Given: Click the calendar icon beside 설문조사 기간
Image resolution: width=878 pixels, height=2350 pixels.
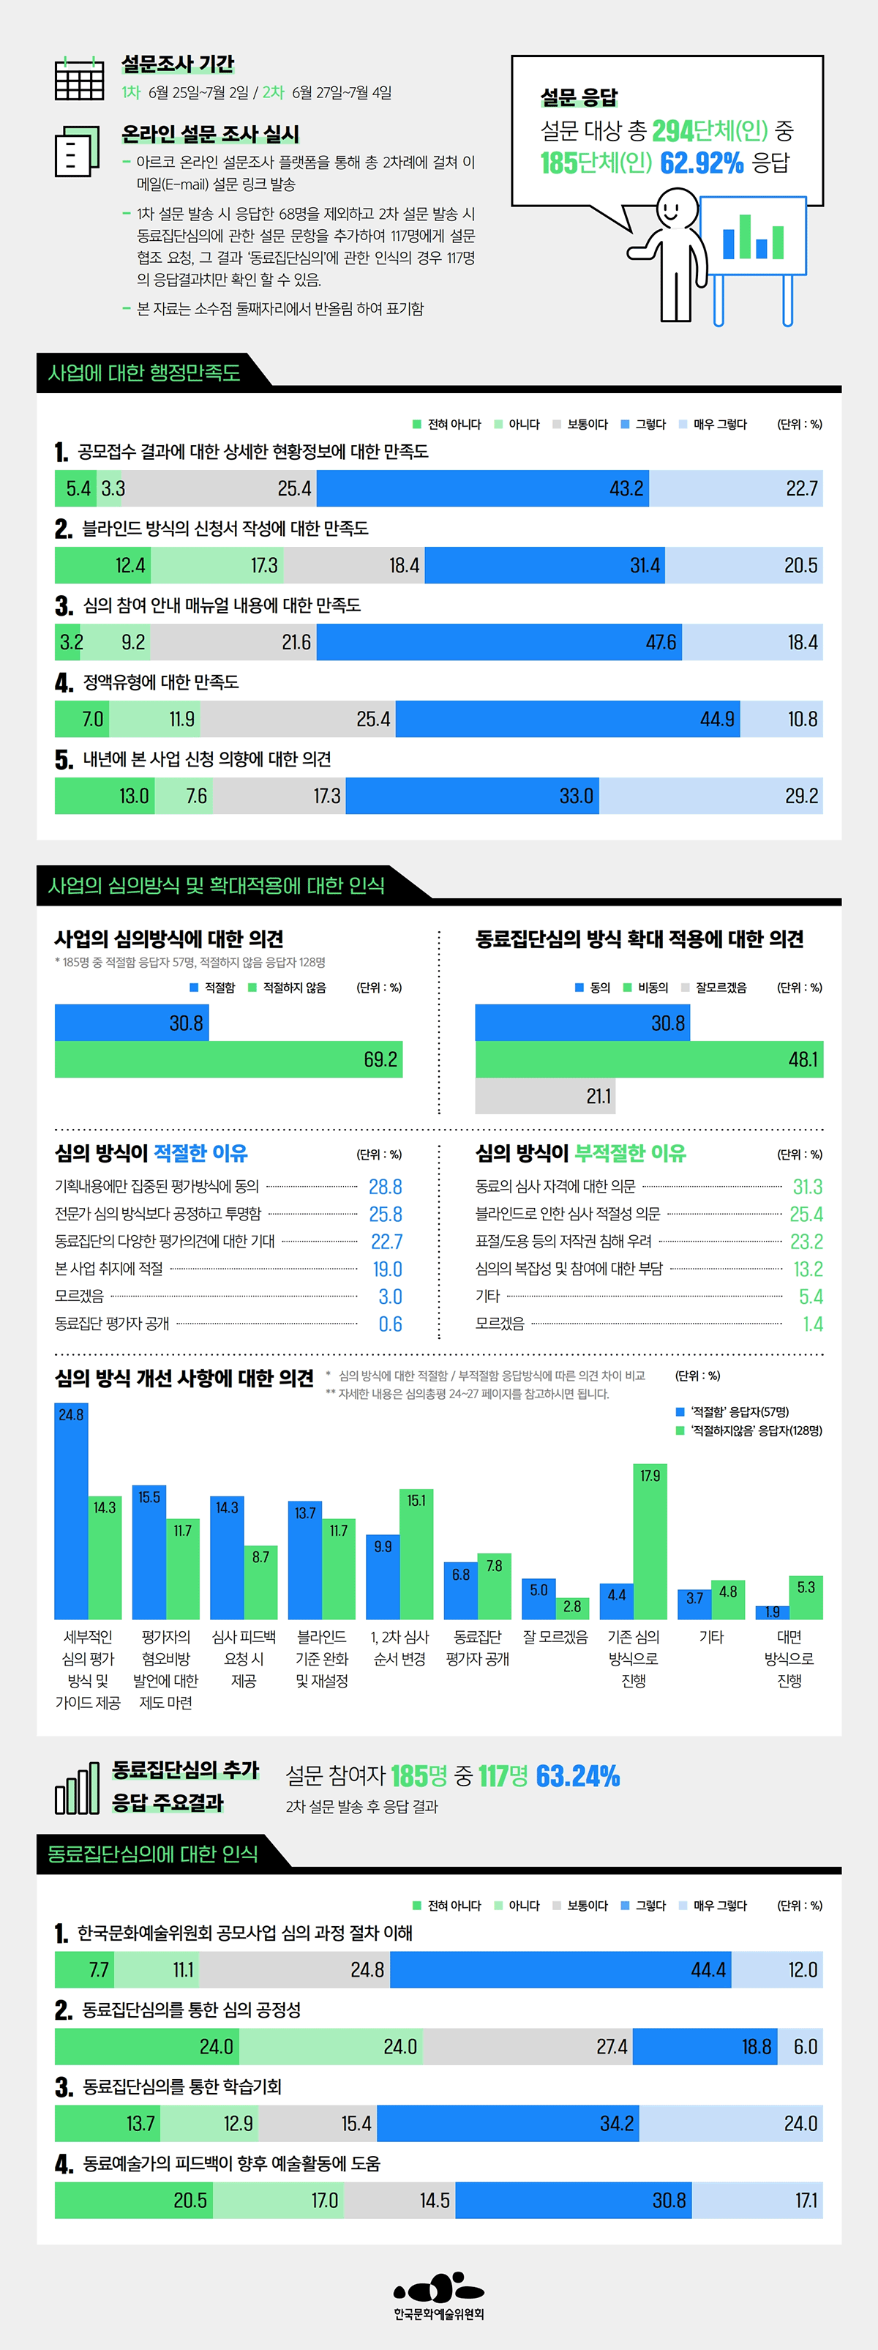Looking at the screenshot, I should (x=79, y=78).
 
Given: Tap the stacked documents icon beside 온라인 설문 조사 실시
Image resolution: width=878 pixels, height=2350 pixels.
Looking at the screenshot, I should (x=78, y=151).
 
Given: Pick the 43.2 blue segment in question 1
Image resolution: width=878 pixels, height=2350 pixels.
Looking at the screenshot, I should (x=482, y=488).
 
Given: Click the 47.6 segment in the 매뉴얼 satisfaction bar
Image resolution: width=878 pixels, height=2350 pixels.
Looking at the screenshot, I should (x=499, y=642).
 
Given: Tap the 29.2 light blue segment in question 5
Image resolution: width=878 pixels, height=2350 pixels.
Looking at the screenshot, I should (x=710, y=796).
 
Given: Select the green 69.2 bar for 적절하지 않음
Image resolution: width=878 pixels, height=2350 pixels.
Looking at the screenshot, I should (x=228, y=1059).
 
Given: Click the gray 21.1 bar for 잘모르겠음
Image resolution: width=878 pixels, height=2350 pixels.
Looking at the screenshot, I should (x=544, y=1096).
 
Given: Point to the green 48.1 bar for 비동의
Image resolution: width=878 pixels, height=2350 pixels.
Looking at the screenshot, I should (x=648, y=1059).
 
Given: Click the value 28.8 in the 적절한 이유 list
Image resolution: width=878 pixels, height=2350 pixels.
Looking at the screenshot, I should (x=385, y=1187).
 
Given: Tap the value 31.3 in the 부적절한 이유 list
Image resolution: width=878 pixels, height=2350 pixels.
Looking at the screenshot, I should (x=807, y=1187).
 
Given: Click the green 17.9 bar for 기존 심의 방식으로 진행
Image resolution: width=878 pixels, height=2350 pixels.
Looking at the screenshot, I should (x=650, y=1541).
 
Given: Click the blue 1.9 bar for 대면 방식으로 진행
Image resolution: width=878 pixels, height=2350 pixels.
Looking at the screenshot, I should (x=772, y=1612).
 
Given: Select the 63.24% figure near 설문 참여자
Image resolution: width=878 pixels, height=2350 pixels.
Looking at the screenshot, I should (x=577, y=1776).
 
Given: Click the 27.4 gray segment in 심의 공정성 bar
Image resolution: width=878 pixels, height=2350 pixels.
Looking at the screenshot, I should (x=527, y=2046).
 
